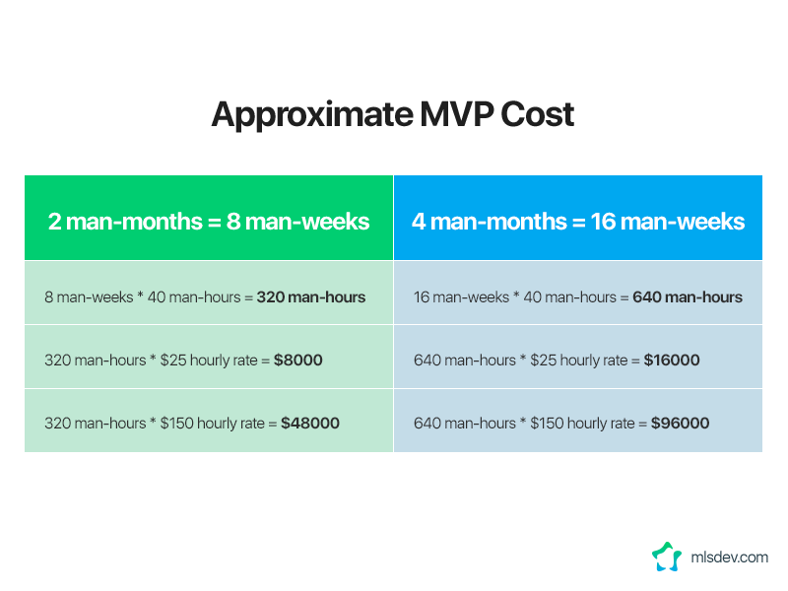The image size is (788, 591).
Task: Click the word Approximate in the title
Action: coord(312,115)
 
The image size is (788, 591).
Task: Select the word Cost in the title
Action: coord(537,114)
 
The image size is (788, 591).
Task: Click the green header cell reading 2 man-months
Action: coord(209,218)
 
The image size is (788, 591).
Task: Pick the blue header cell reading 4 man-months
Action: coord(578,218)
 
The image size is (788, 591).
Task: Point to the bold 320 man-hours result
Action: coord(311,297)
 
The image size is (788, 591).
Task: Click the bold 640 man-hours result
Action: coord(687,297)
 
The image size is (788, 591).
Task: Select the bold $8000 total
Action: coord(298,360)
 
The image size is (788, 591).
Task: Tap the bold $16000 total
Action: coord(672,360)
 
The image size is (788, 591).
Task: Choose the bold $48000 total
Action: coord(310,424)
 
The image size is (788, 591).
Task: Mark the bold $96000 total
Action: coord(680,424)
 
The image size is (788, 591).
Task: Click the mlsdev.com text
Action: coord(729,558)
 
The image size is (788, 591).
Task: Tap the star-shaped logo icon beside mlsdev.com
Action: coord(667,557)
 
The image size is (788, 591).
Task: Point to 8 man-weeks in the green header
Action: coord(298,222)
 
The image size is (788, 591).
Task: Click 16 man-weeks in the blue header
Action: coord(668,222)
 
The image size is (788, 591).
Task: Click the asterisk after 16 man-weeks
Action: coord(516,295)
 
